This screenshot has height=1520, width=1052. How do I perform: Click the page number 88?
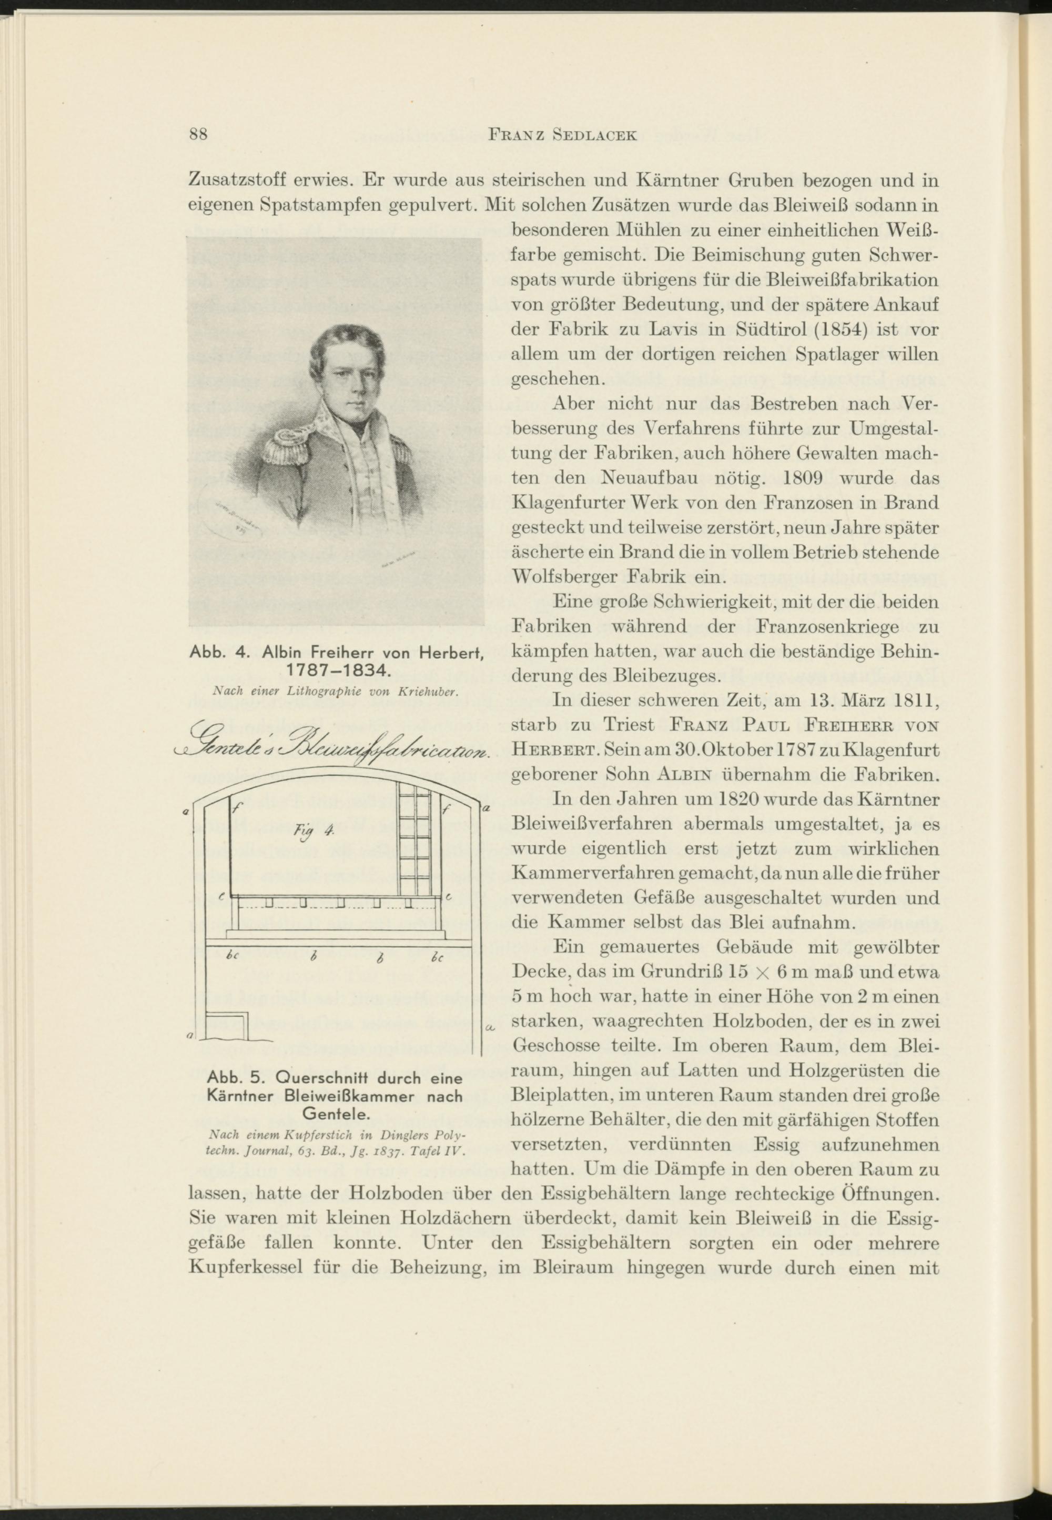pos(198,135)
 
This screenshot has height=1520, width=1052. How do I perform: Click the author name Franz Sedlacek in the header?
pos(562,135)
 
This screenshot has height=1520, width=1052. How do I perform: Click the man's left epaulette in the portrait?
pos(396,449)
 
